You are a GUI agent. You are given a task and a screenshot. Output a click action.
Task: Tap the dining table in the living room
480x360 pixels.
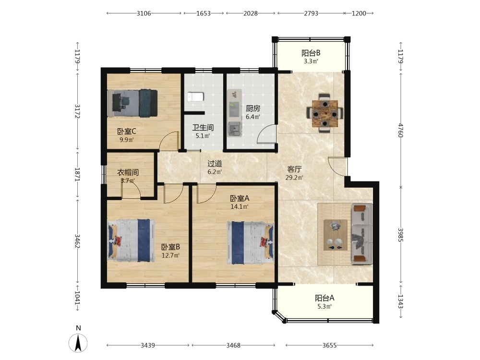tap(325, 114)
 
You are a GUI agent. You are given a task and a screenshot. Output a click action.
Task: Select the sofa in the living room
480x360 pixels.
tap(362, 234)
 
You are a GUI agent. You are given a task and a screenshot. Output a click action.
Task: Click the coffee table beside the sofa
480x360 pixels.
tap(336, 235)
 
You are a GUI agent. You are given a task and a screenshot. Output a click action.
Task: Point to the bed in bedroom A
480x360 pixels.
tap(251, 243)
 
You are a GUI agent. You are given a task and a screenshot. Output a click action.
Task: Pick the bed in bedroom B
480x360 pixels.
tap(131, 240)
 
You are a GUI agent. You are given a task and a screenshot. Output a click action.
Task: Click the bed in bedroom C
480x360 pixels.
tap(132, 103)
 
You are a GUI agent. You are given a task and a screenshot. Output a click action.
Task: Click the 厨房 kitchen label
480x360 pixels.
tap(253, 108)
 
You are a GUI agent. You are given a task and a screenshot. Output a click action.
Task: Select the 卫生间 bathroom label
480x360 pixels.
tap(203, 127)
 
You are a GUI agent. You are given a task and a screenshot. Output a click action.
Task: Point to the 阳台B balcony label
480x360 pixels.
tap(311, 53)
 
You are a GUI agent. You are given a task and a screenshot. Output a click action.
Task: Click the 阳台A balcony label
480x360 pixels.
tap(324, 298)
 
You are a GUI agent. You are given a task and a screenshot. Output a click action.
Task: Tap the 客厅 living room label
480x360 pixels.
tap(295, 169)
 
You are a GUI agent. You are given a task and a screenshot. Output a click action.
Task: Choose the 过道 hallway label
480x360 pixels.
tap(215, 164)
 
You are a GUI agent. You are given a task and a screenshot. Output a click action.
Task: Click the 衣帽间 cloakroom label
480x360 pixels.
tap(128, 172)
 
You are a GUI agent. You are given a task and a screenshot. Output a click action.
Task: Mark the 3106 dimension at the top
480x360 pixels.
tap(144, 13)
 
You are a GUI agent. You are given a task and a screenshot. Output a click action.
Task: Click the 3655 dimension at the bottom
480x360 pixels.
tap(329, 345)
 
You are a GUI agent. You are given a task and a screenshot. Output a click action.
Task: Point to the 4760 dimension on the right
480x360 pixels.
tap(401, 130)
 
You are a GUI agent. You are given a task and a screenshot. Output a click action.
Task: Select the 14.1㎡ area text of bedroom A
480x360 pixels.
tap(240, 206)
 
